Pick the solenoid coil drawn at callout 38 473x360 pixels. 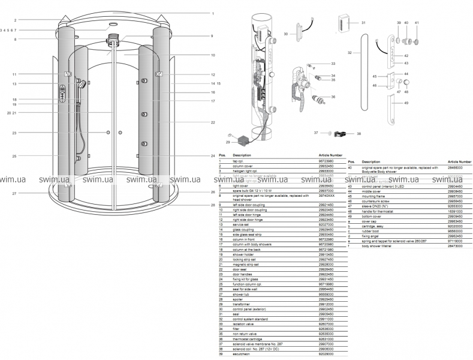pyautogui.click(x=341, y=134)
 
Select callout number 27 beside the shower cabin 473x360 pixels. pyautogui.click(x=14, y=193)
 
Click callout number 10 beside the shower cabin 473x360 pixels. pyautogui.click(x=212, y=55)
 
